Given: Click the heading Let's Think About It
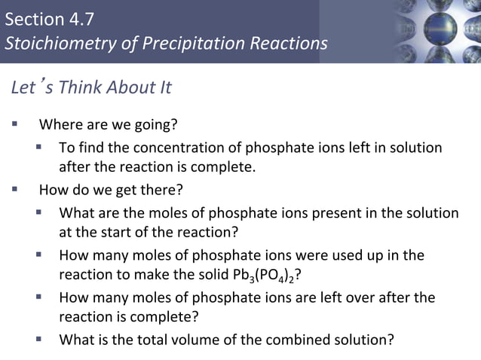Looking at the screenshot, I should (x=91, y=87).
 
